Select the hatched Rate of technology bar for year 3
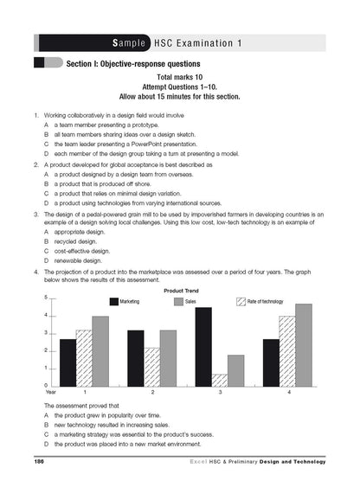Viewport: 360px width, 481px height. coord(221,380)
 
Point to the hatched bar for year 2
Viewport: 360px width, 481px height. coord(152,367)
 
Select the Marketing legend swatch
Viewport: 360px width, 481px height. coord(113,301)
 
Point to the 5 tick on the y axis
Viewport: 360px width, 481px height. coord(44,298)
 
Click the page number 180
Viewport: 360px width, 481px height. coord(39,465)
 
